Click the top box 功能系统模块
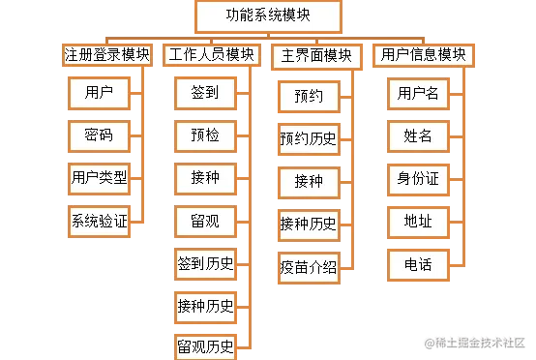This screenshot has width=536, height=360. tap(268, 16)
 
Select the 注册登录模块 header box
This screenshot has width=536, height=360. tap(107, 55)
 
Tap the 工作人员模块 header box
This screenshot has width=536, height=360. tap(211, 55)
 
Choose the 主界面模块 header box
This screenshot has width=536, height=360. tap(315, 55)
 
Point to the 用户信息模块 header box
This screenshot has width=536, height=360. tap(424, 55)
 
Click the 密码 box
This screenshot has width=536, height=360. tap(99, 135)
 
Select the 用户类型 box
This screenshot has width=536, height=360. tap(99, 178)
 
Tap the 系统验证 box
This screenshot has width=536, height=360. tap(99, 222)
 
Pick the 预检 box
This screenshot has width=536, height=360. tap(205, 135)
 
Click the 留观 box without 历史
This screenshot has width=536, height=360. tap(205, 222)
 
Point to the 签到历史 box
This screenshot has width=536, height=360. tap(205, 264)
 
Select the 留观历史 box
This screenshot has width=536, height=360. tap(205, 345)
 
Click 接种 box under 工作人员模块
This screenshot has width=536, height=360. tap(205, 178)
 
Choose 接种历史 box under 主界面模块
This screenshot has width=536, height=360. tap(309, 225)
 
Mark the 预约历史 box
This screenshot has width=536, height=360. tap(309, 138)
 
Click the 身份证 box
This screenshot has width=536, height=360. tap(418, 179)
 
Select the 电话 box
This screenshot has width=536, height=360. tap(418, 264)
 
